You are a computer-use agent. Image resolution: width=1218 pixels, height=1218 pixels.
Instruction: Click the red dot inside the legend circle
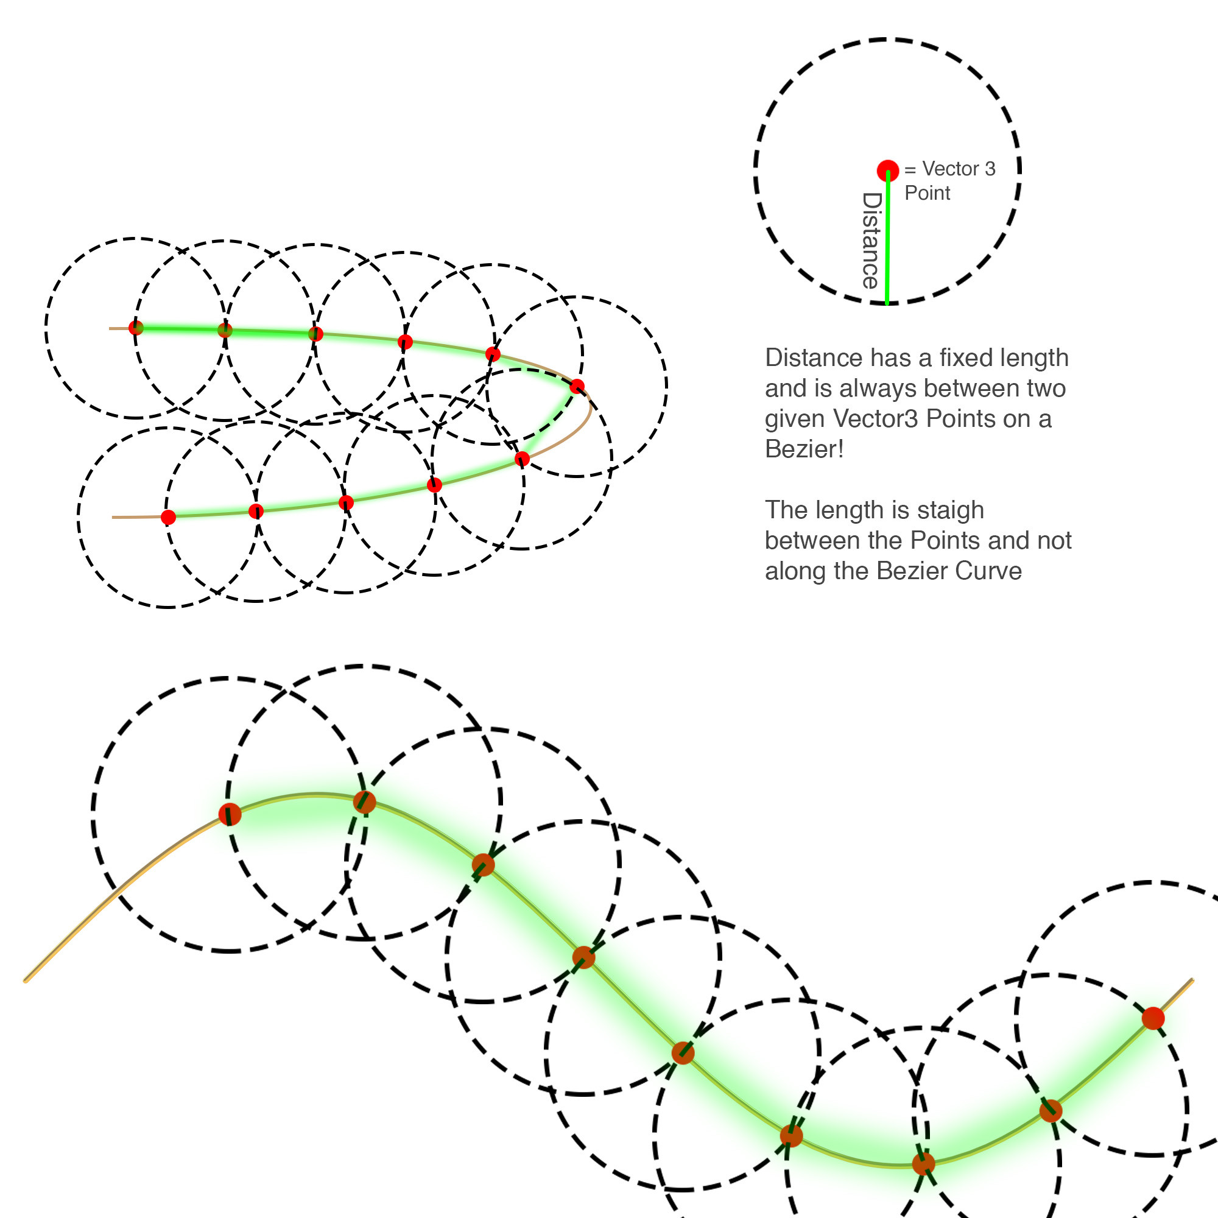[x=888, y=171]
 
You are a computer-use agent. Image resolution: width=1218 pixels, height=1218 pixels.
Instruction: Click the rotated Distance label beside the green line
[x=871, y=240]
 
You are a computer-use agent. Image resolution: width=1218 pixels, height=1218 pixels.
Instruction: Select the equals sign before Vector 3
[x=910, y=169]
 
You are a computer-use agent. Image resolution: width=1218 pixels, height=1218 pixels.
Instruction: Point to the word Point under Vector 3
[x=927, y=193]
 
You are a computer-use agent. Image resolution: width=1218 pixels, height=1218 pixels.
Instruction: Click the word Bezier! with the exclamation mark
[x=804, y=449]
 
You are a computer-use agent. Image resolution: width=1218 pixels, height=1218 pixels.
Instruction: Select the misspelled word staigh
[x=948, y=510]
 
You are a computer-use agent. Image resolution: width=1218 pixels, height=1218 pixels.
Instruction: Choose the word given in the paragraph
[x=794, y=418]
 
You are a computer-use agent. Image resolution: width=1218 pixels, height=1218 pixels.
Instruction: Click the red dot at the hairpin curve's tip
[x=577, y=387]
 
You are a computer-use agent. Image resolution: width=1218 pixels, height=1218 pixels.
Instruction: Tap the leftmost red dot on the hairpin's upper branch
[x=136, y=328]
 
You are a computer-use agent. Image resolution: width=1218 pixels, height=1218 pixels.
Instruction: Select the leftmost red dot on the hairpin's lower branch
[x=168, y=518]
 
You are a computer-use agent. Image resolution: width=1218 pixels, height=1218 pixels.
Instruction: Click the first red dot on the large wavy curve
[x=230, y=814]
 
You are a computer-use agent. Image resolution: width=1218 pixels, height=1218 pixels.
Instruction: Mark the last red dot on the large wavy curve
[x=1153, y=1018]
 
